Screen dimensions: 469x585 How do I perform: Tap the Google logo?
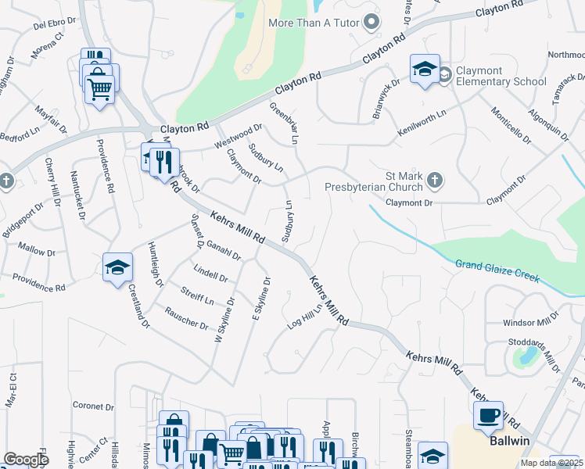click(26, 460)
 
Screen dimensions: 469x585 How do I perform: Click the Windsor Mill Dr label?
click(531, 320)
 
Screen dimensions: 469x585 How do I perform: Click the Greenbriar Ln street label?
click(285, 124)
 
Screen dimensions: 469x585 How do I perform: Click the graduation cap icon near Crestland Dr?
click(117, 267)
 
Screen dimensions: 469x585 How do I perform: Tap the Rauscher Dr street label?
click(185, 318)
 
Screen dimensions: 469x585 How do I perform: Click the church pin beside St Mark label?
click(436, 182)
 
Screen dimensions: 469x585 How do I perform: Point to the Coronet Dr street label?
click(93, 406)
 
